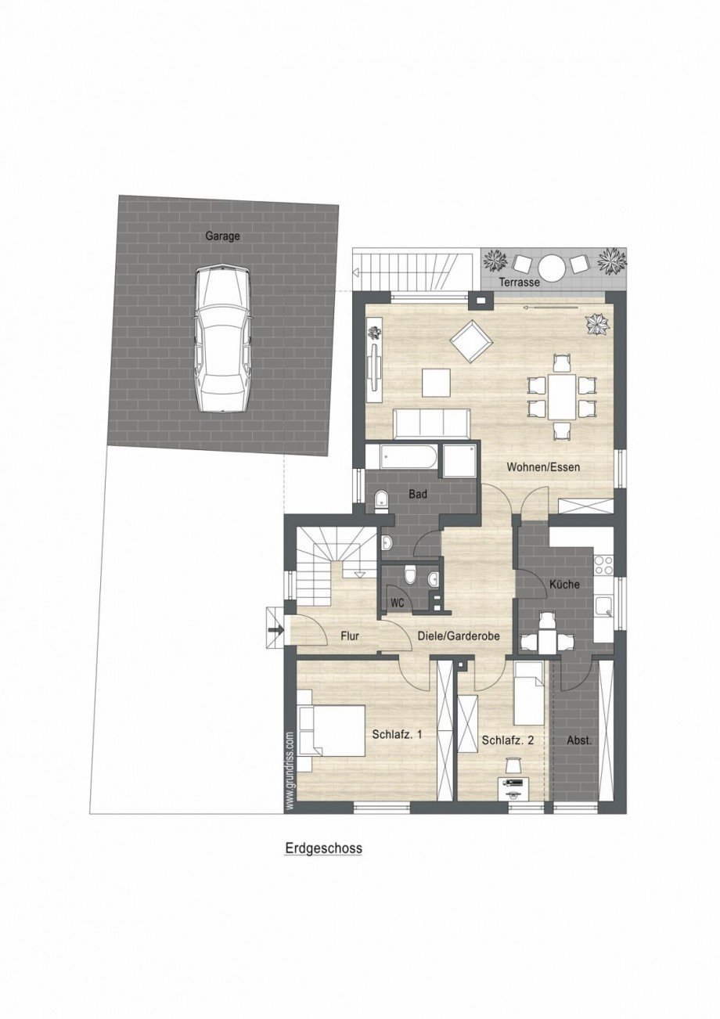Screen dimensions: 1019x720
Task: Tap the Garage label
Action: tap(222, 235)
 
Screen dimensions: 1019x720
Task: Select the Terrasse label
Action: tap(520, 283)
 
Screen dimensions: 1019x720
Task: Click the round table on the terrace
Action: tap(553, 268)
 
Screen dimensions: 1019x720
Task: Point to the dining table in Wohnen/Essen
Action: tap(561, 397)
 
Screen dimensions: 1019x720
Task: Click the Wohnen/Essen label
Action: tap(548, 467)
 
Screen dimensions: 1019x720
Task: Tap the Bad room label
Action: tap(418, 495)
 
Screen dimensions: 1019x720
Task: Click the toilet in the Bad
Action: tap(380, 501)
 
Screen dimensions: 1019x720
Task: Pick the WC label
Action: tap(397, 603)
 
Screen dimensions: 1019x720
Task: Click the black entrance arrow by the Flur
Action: tap(274, 628)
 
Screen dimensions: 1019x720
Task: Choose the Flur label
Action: tap(349, 636)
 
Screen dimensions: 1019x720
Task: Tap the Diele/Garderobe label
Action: tap(459, 636)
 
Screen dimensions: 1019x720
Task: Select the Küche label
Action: tap(564, 584)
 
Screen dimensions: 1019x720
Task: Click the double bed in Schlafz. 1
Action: tap(333, 730)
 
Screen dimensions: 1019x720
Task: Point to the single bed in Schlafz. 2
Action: tap(528, 693)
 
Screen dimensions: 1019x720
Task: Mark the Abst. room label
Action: tap(578, 740)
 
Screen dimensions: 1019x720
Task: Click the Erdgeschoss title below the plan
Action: tap(322, 848)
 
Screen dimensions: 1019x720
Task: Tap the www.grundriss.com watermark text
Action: tap(289, 770)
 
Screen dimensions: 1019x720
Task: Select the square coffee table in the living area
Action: tap(436, 382)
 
